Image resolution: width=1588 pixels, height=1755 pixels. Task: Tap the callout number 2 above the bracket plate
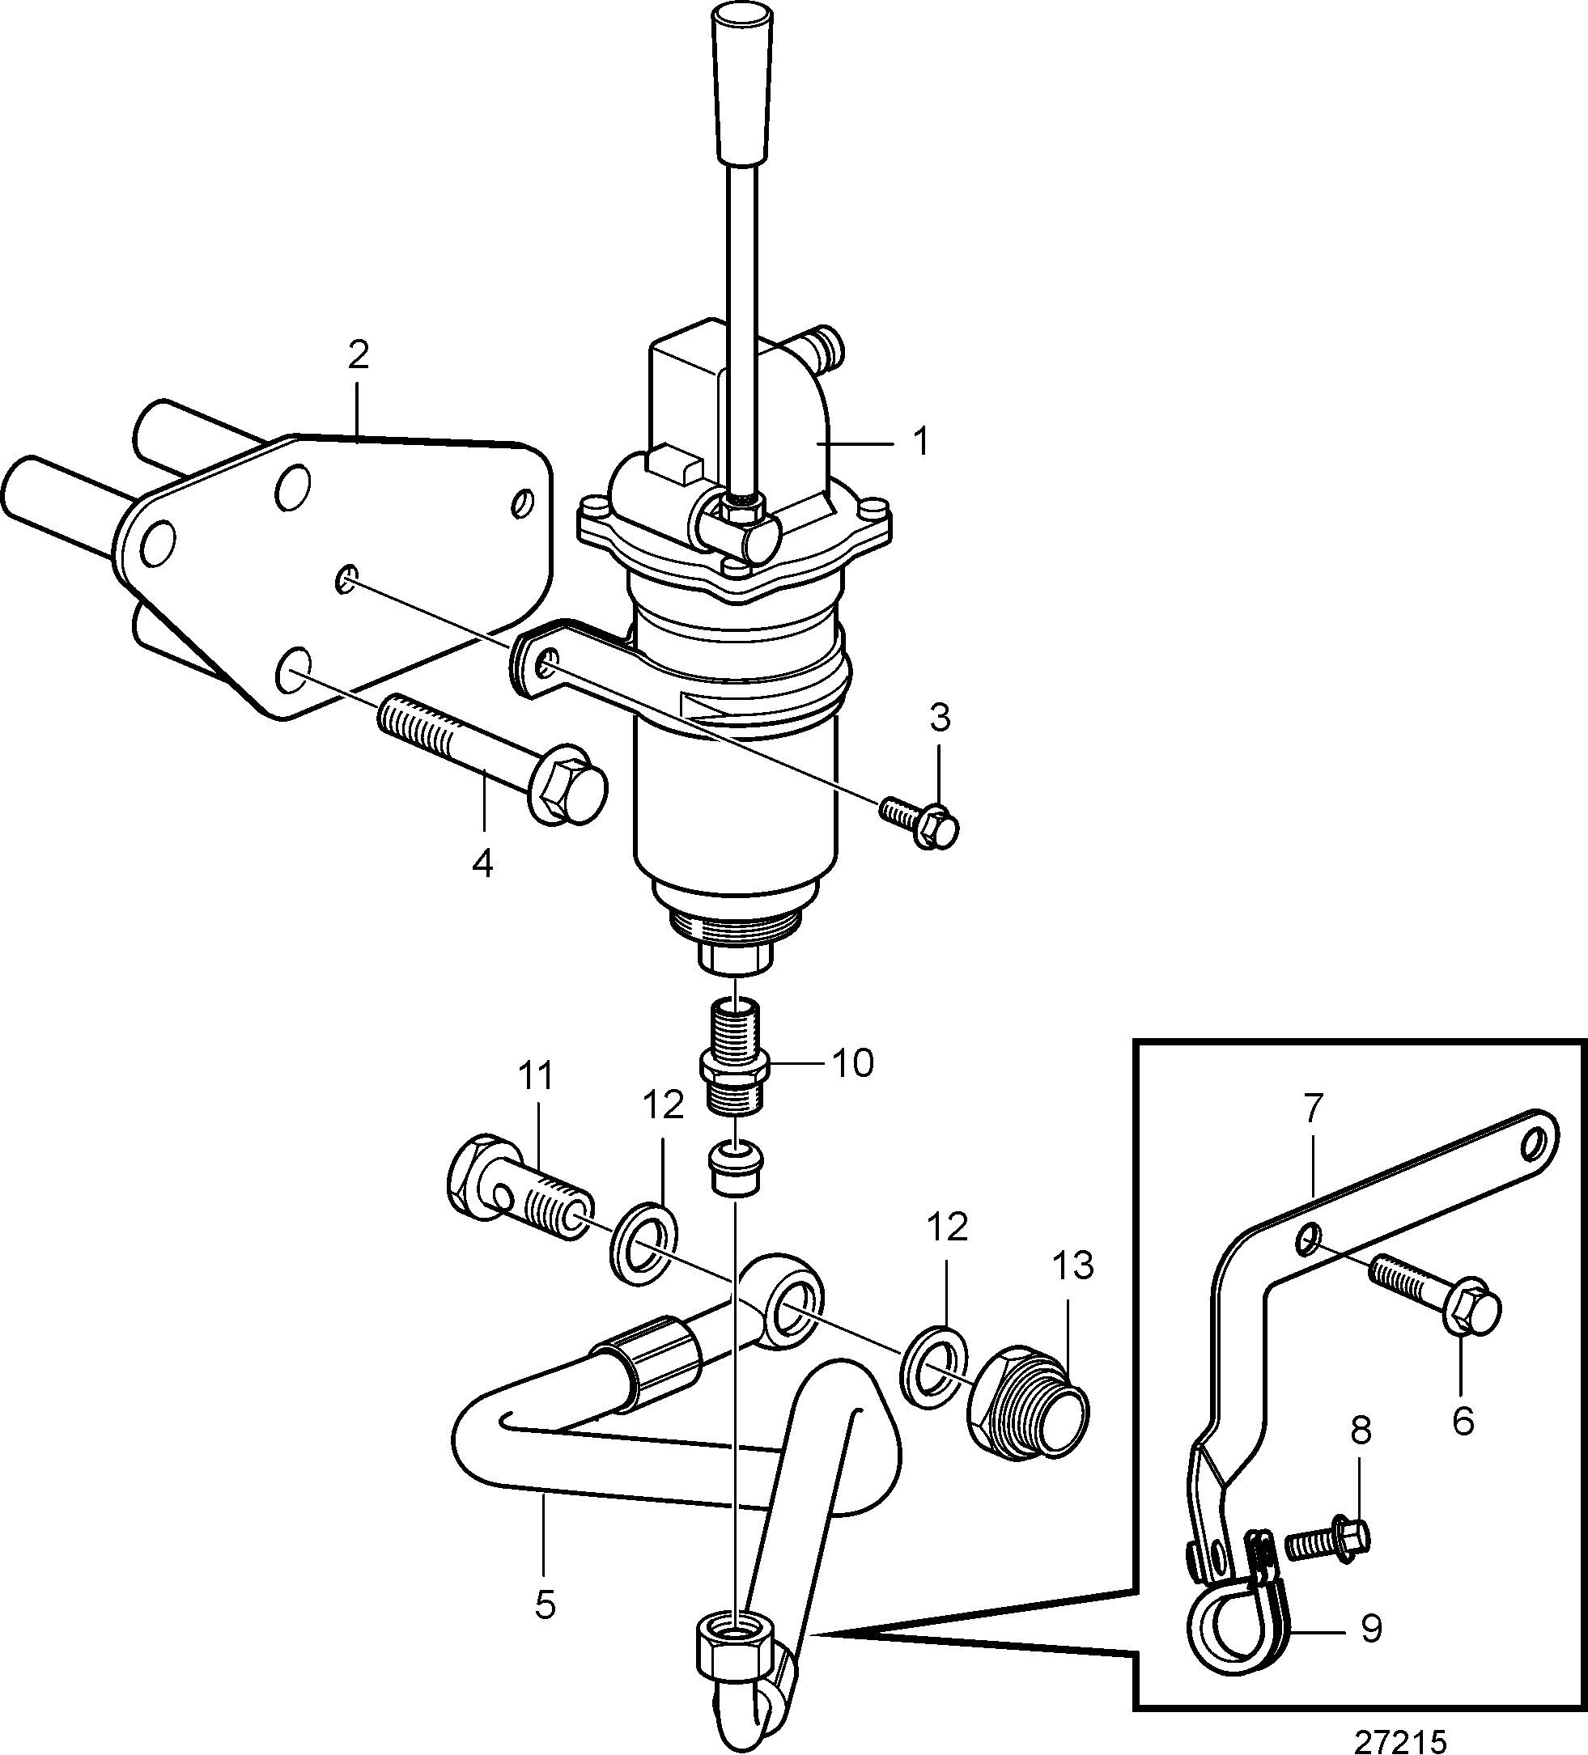click(358, 355)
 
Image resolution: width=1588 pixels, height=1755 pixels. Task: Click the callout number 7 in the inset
click(1314, 1109)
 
